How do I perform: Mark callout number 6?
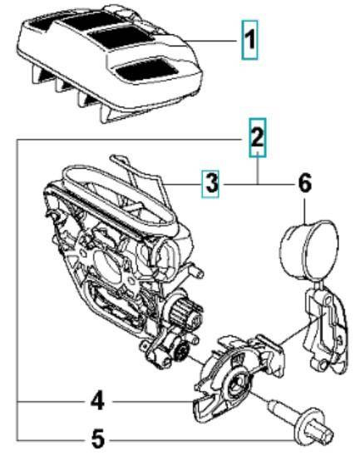304,184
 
